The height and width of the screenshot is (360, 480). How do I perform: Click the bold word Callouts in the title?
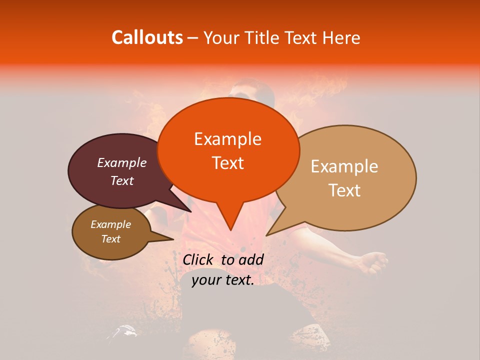point(147,37)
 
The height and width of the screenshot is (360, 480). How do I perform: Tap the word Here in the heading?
point(341,38)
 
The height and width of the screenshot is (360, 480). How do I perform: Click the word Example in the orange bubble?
point(227,139)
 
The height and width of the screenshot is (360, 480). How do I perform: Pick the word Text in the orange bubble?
point(227,163)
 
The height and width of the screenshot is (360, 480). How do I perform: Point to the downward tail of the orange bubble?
point(230,220)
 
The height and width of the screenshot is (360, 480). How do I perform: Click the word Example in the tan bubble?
point(344,166)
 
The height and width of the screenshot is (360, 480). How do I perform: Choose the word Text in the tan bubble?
point(344,190)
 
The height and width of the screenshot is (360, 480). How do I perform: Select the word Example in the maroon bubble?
point(121,162)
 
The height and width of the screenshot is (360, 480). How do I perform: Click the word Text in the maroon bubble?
point(121,180)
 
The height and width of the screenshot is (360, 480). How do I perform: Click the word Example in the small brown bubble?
point(110,224)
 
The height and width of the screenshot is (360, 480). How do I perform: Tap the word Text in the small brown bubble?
point(110,239)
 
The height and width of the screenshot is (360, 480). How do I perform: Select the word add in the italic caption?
point(251,259)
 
